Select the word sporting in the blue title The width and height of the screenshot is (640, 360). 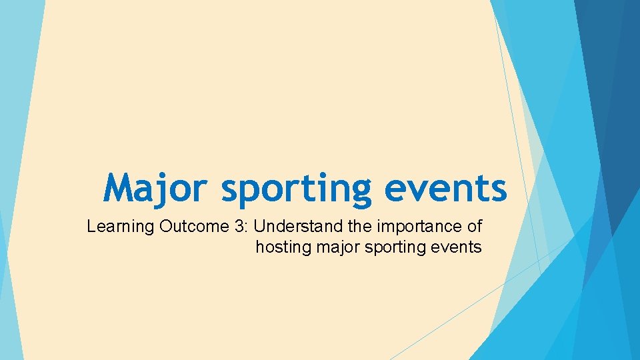295,189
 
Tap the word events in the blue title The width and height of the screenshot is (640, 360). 445,188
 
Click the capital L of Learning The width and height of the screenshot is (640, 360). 91,226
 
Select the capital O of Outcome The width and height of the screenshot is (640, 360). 167,226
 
